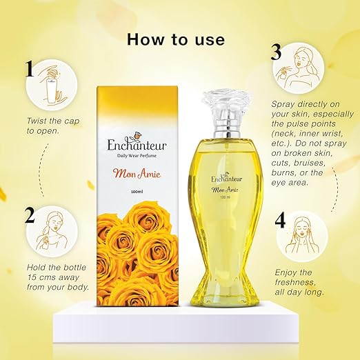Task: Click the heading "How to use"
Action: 176,39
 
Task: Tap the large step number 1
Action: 30,68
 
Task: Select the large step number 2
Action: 30,215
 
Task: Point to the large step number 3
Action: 276,52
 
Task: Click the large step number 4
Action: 280,221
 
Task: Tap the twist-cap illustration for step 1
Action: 52,85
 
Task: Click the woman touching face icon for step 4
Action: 301,236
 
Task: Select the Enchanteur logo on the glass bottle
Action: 227,177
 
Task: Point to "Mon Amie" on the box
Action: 137,174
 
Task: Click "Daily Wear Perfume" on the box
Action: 137,156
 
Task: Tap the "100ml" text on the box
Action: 137,192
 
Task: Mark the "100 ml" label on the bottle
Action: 226,197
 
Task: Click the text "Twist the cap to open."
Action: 53,126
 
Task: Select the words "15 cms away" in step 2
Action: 53,277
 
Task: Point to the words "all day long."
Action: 299,292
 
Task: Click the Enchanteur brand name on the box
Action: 137,144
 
